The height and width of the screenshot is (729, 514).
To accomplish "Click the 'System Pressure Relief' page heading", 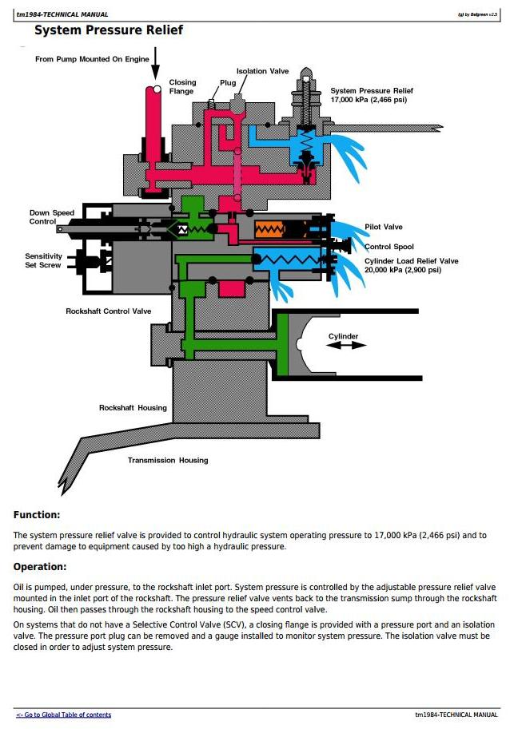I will [109, 30].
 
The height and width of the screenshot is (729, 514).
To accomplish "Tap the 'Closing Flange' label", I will [181, 86].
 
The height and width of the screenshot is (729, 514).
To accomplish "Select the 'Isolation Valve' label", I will [262, 71].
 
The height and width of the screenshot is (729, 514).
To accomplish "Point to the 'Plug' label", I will [228, 82].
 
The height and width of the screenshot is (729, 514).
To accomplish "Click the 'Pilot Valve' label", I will [384, 228].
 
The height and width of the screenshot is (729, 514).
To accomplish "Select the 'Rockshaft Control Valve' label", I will [108, 311].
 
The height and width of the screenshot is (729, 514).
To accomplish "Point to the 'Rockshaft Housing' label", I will [133, 408].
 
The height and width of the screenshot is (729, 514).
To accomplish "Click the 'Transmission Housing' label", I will [168, 460].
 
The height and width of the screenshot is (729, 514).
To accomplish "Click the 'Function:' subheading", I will [37, 515].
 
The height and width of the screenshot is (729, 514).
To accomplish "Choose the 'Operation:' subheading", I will [40, 567].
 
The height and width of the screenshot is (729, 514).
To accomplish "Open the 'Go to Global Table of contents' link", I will [64, 715].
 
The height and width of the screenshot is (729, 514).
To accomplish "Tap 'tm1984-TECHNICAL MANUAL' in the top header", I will [62, 14].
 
